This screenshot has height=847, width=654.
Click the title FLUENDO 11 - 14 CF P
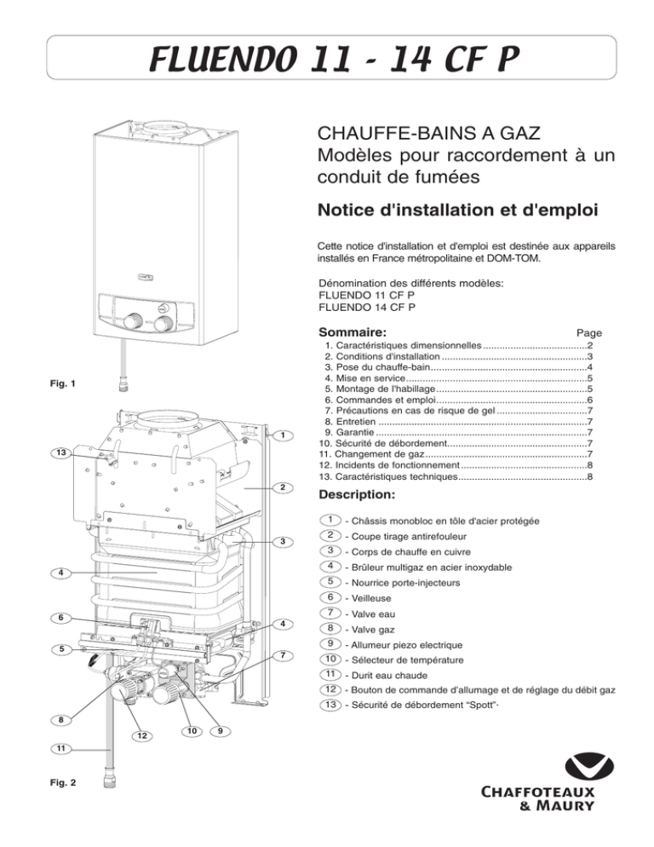pos(326,60)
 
